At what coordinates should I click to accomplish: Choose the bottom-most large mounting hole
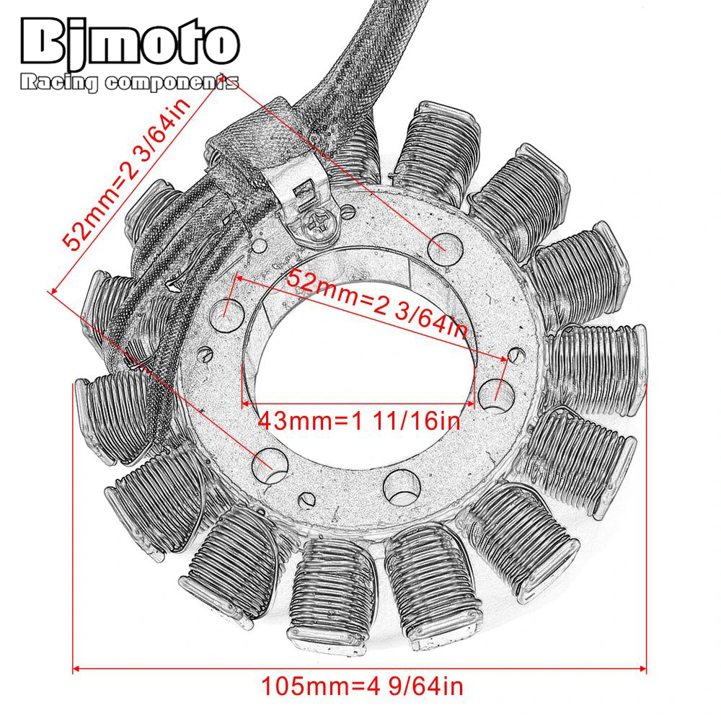pos(399,489)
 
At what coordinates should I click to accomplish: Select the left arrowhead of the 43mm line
pos(246,404)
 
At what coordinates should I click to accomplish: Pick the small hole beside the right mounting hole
pos(515,354)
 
